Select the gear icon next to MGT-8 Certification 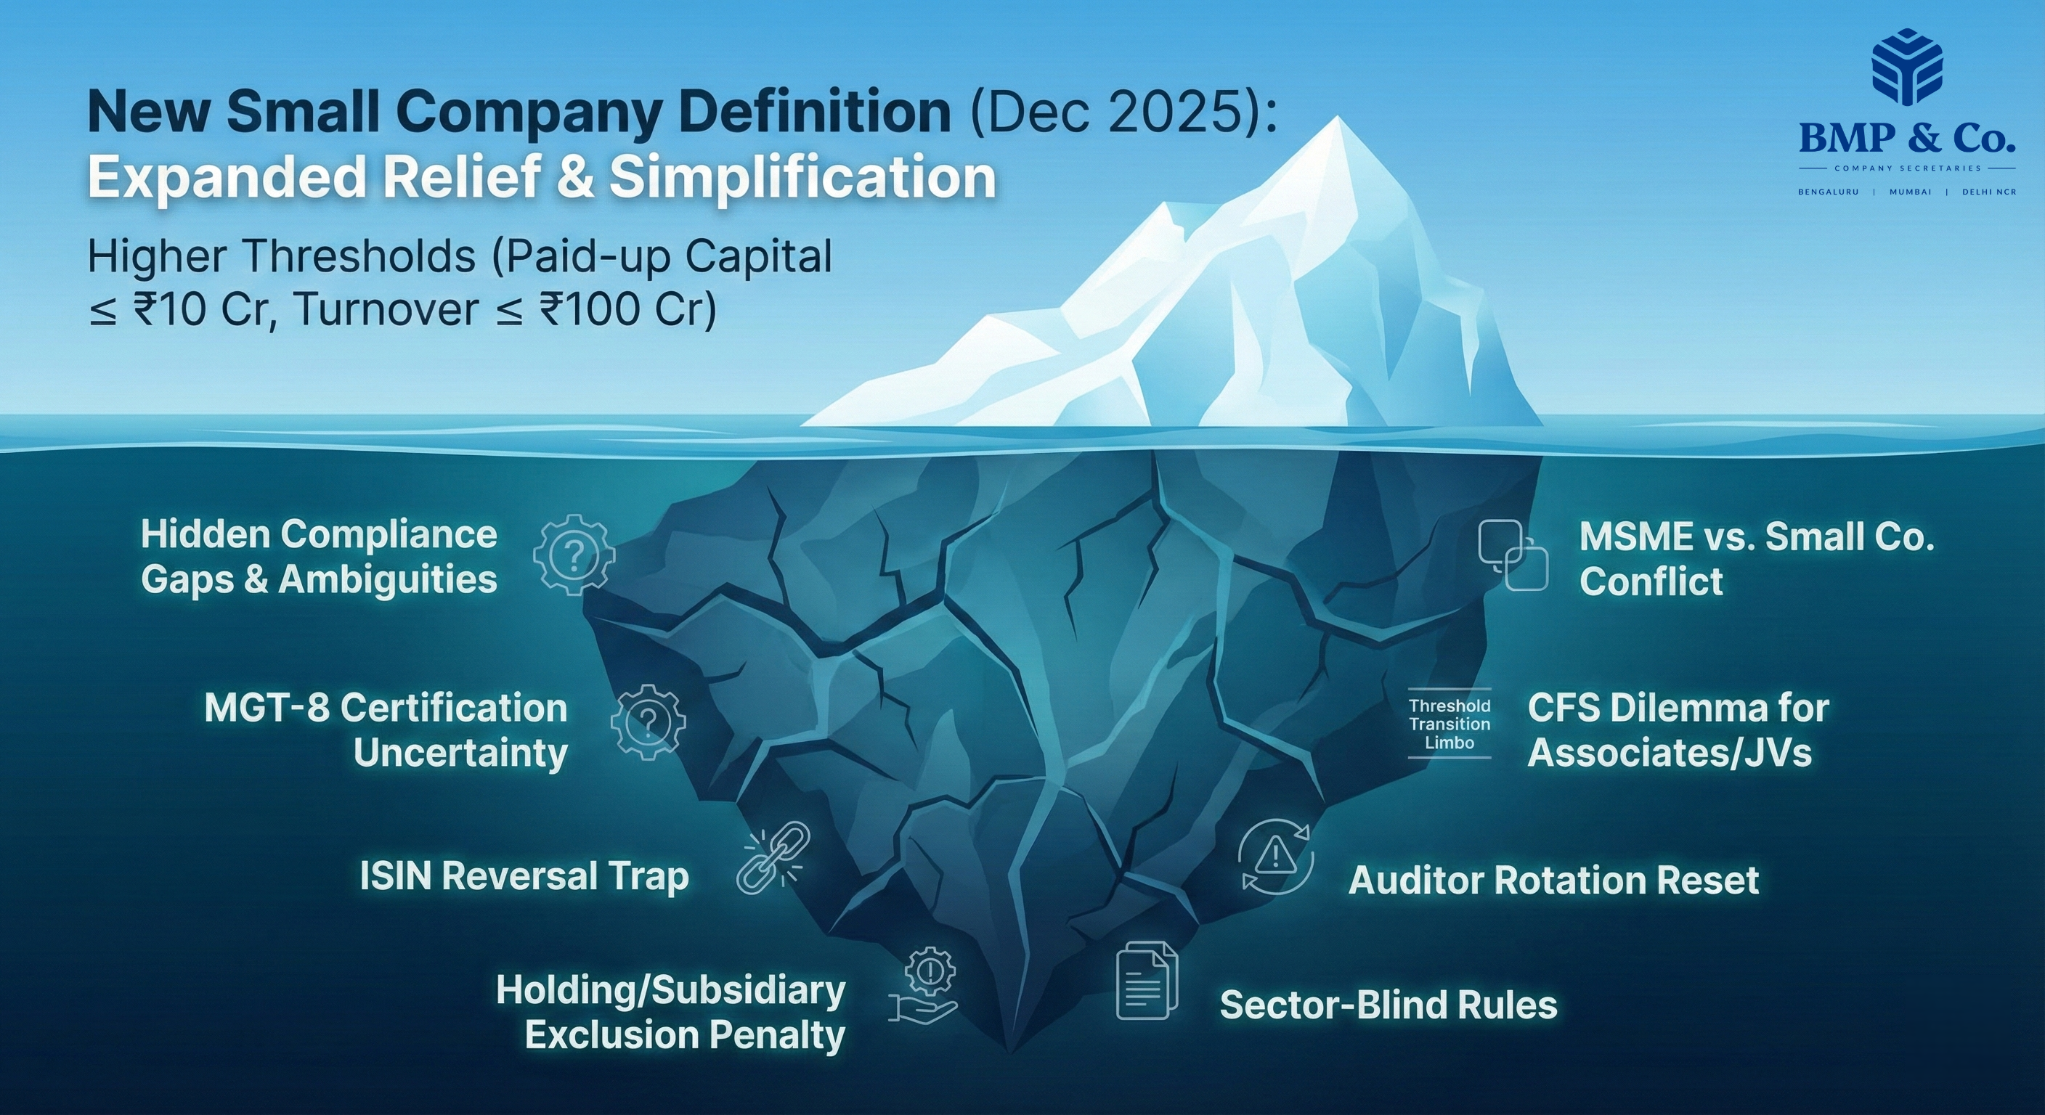(x=648, y=723)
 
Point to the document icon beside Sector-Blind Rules (x=1147, y=981)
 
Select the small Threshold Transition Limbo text (x=1450, y=724)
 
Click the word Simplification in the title (x=802, y=177)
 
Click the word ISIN (x=394, y=877)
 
